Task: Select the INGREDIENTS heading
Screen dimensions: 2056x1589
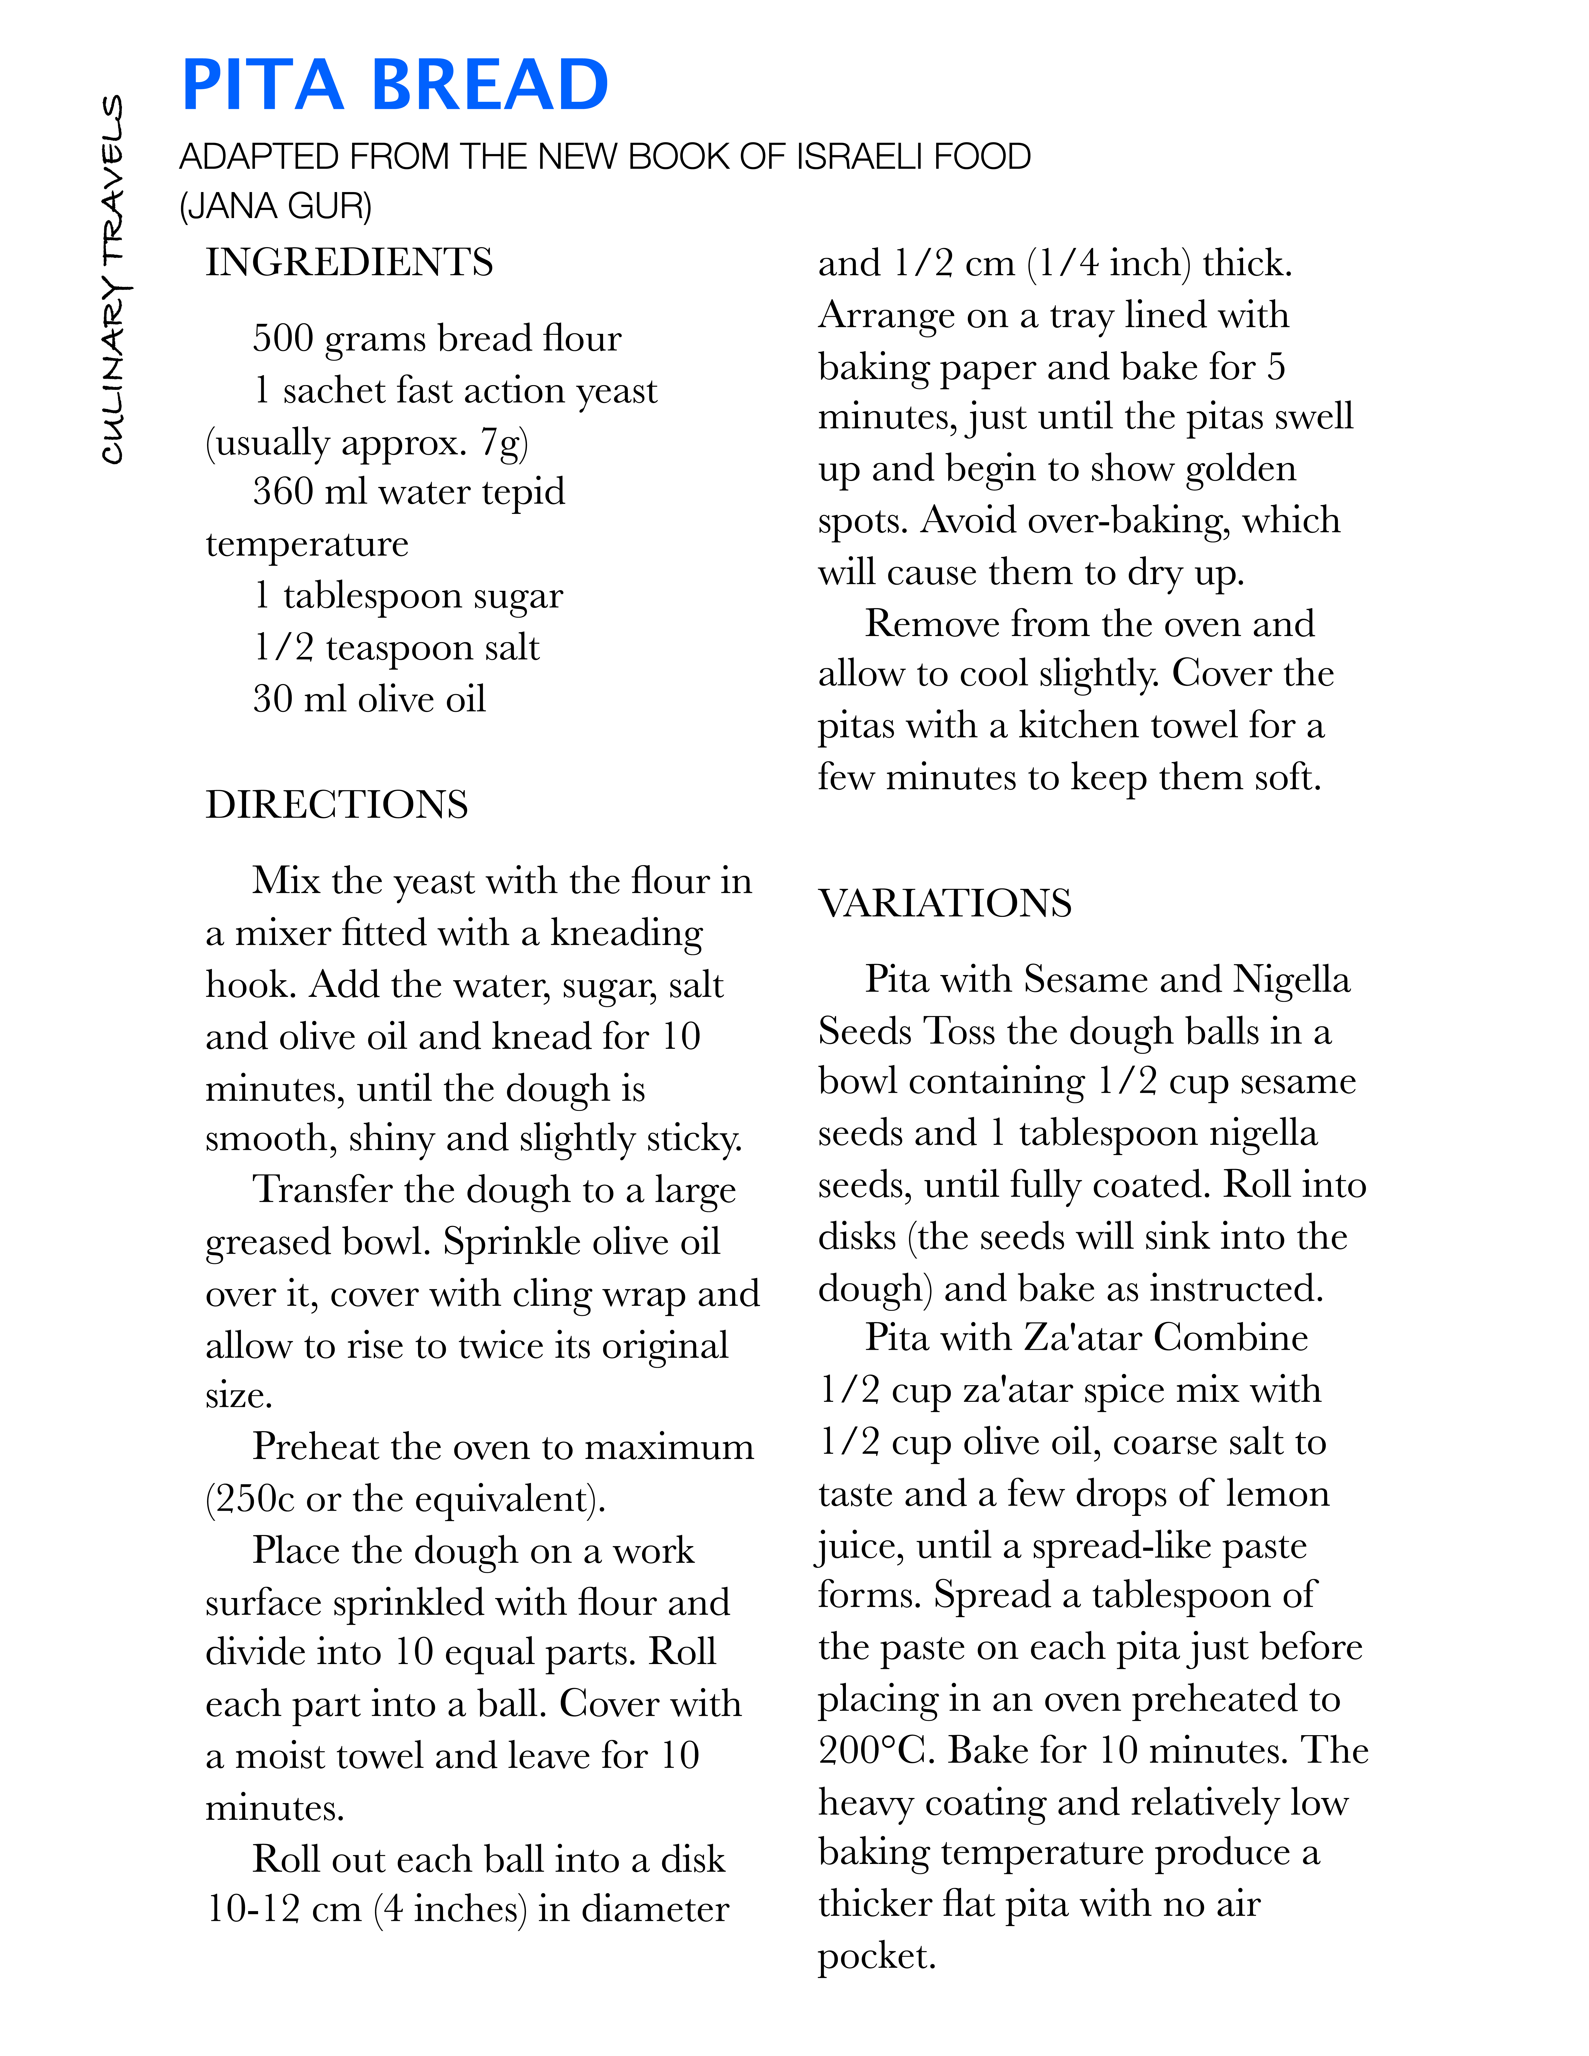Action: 349,263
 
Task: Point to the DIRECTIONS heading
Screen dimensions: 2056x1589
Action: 337,805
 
